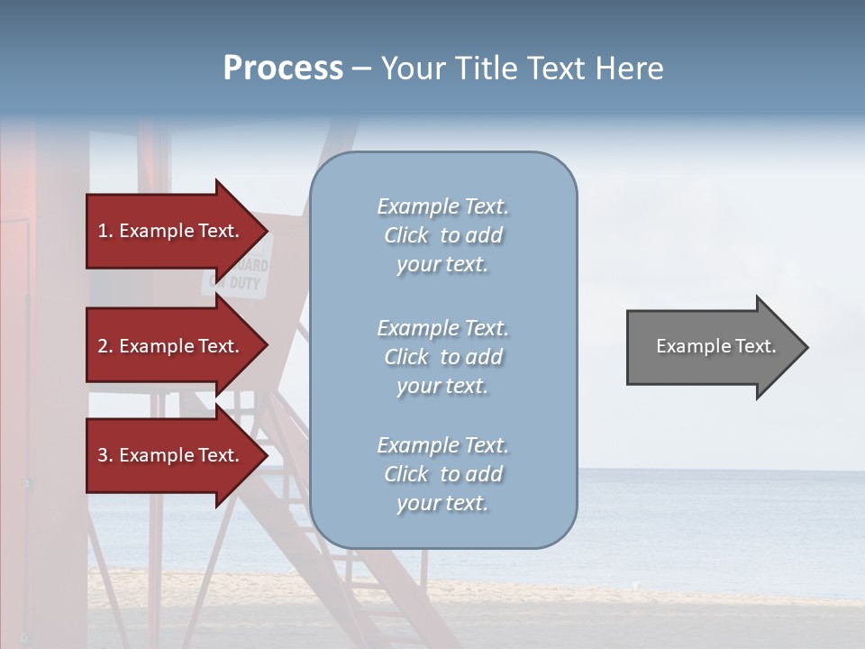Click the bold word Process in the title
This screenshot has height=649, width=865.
283,69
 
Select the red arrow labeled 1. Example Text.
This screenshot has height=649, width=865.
171,231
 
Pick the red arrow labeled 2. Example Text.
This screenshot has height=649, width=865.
171,346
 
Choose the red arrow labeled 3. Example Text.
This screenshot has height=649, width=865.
171,455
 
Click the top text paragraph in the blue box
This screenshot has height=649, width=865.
442,235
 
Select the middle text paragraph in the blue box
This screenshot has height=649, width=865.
442,357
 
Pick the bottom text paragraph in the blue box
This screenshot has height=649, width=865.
442,474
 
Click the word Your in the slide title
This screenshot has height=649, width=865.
410,69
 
